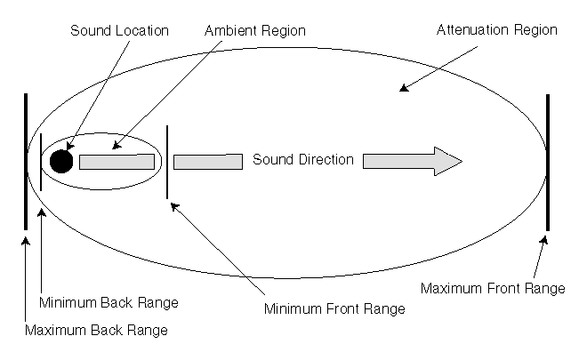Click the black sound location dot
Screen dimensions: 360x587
pyautogui.click(x=60, y=161)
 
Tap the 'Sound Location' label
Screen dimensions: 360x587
pyautogui.click(x=119, y=31)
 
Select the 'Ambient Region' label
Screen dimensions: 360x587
pyautogui.click(x=254, y=31)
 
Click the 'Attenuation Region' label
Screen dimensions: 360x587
pyautogui.click(x=496, y=30)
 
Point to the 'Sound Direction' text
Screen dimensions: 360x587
pyautogui.click(x=302, y=161)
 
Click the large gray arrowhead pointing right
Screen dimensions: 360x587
pyautogui.click(x=445, y=161)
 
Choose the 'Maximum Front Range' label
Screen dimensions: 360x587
pyautogui.click(x=492, y=289)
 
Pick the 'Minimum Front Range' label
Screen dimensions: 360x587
pyautogui.click(x=335, y=309)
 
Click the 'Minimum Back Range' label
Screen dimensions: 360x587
pyautogui.click(x=109, y=302)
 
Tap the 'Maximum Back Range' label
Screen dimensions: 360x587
pyautogui.click(x=95, y=331)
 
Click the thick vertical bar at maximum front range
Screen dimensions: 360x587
pyautogui.click(x=548, y=162)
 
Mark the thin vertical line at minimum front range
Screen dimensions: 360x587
pyautogui.click(x=167, y=162)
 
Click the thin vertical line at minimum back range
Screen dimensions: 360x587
pyautogui.click(x=41, y=162)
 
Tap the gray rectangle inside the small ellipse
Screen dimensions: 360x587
pyautogui.click(x=117, y=162)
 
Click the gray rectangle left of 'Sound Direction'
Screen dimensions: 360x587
pyautogui.click(x=208, y=162)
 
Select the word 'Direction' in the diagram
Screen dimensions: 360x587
pyautogui.click(x=327, y=161)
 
